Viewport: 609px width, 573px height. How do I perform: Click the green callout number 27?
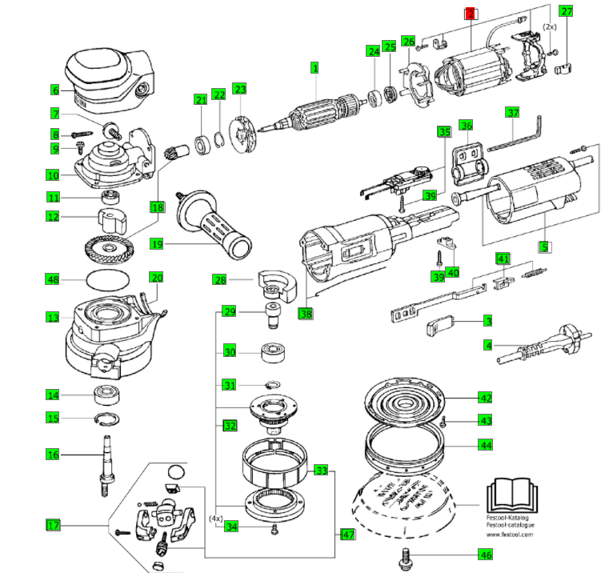pyautogui.click(x=566, y=11)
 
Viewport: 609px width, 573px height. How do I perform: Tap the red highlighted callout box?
pyautogui.click(x=471, y=14)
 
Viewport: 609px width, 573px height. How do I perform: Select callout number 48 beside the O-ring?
pyautogui.click(x=52, y=279)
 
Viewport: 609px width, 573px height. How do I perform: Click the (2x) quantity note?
pyautogui.click(x=549, y=26)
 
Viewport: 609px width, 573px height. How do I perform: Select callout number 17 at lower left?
pyautogui.click(x=52, y=526)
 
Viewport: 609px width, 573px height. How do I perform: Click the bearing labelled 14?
pyautogui.click(x=105, y=393)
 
